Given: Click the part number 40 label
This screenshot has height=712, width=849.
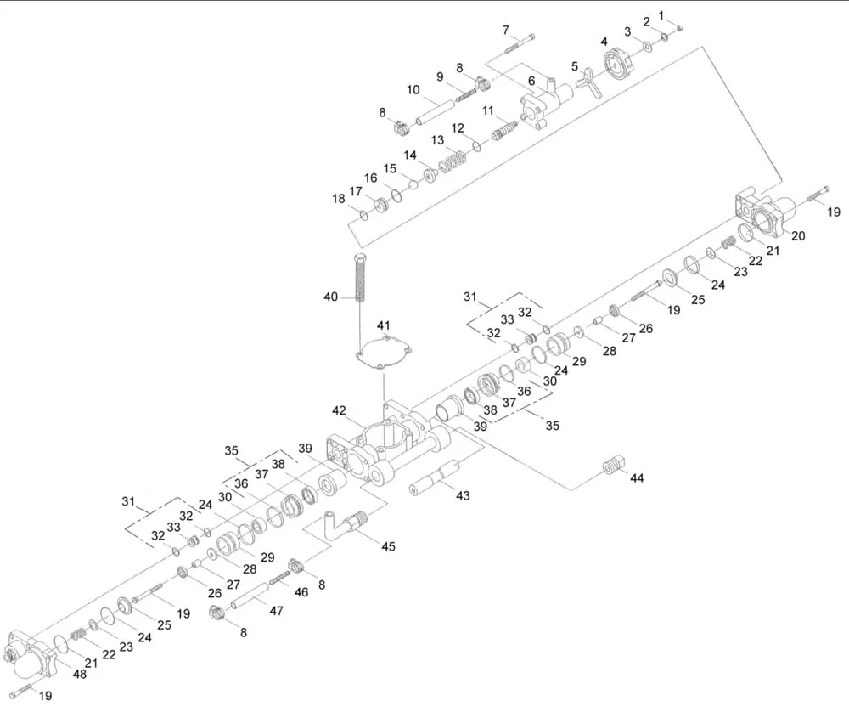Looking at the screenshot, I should (x=330, y=297).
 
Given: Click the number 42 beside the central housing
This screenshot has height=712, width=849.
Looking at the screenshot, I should (x=339, y=411).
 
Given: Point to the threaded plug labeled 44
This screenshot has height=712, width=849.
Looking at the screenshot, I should (x=613, y=466).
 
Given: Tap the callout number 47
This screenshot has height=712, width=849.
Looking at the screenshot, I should (x=276, y=610).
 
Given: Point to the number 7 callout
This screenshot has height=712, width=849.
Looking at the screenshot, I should (x=506, y=30).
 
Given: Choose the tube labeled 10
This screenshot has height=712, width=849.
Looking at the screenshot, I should (x=433, y=111).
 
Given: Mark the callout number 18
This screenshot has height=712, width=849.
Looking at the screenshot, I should (x=339, y=199).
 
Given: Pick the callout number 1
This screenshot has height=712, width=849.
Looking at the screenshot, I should (x=663, y=15).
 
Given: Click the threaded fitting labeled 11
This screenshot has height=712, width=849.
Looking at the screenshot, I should (x=504, y=130).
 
